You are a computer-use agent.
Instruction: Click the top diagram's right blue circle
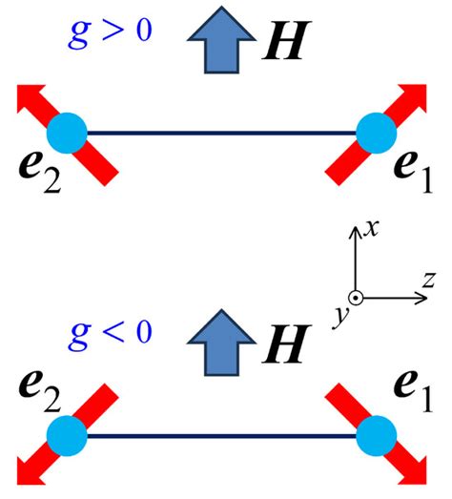point(376,133)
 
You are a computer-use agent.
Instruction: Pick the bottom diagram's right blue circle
point(376,435)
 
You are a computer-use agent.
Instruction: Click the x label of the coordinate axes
point(376,227)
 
